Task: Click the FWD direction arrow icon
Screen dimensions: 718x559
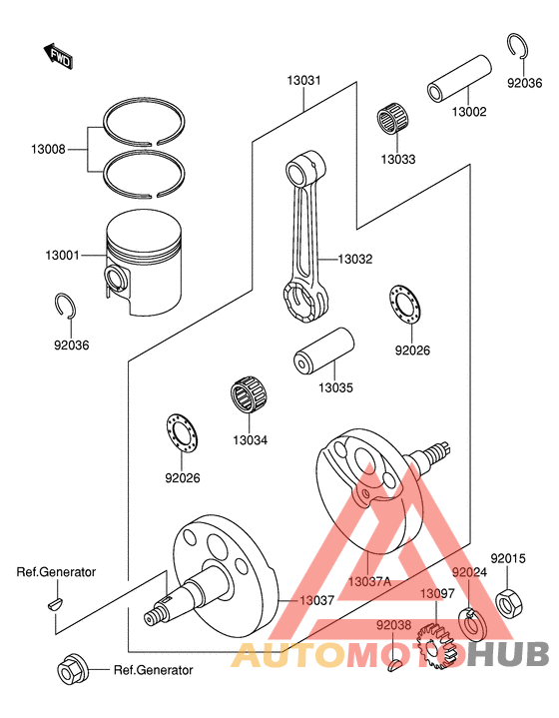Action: tap(58, 56)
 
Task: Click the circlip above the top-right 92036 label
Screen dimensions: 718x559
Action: tap(518, 46)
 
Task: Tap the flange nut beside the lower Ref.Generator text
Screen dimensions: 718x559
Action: tap(73, 668)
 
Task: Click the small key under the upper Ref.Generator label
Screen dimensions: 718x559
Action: tap(56, 603)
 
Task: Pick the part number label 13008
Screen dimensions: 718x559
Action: tap(49, 149)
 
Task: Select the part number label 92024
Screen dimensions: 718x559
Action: tap(469, 573)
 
